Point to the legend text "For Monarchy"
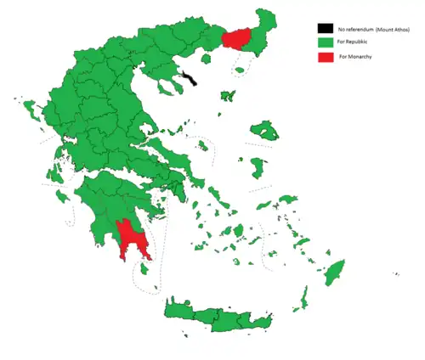[x=355, y=56]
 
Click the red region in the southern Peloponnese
[x=130, y=239]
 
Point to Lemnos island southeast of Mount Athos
[x=226, y=94]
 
